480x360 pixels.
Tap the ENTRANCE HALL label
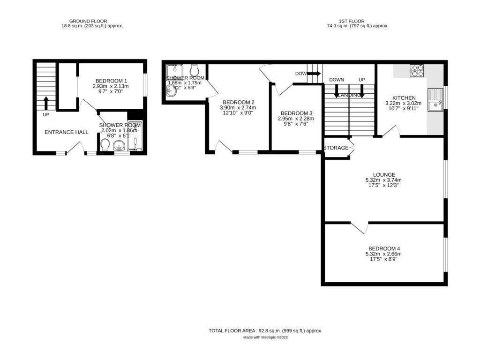click(67, 132)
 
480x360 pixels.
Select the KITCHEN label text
click(403, 97)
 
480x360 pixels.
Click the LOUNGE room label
click(383, 174)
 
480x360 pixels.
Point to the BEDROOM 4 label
click(384, 248)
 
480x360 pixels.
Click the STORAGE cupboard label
click(336, 148)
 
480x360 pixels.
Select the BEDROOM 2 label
click(239, 102)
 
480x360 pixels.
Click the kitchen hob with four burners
click(417, 70)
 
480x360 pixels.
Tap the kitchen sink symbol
click(435, 100)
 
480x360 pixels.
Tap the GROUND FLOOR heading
click(88, 21)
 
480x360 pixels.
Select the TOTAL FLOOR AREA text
click(265, 330)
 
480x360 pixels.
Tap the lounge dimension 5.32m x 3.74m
click(383, 180)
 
